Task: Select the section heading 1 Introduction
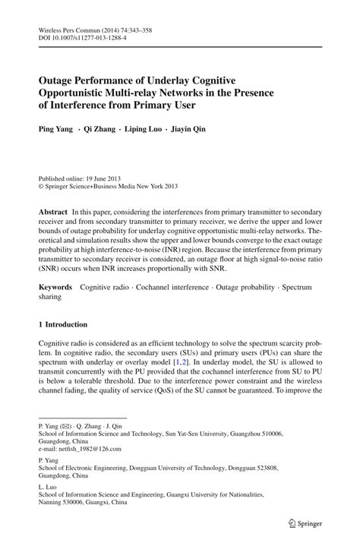click(x=68, y=324)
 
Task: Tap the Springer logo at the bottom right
click(x=302, y=522)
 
